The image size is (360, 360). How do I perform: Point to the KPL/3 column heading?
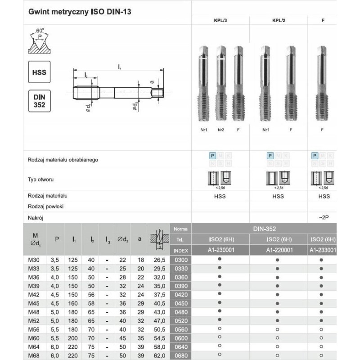[x=221, y=21]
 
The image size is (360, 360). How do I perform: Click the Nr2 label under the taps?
[x=220, y=130]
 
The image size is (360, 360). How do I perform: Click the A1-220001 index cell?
[x=278, y=250]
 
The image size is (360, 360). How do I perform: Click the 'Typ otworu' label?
[x=41, y=180]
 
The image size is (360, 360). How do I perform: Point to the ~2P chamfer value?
[x=324, y=217]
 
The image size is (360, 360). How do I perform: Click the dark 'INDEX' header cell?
[x=181, y=250]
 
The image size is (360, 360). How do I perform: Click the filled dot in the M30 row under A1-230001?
[x=220, y=260]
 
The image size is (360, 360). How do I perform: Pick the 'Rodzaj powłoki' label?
[x=48, y=207]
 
